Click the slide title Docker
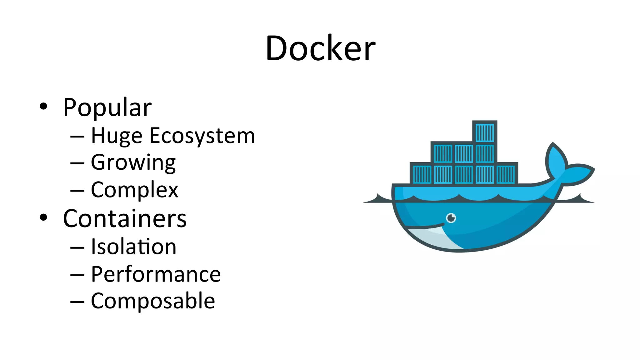click(320, 48)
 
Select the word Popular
click(107, 108)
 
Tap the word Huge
click(117, 136)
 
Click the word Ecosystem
click(202, 136)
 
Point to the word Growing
click(133, 163)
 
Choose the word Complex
click(134, 190)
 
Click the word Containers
click(125, 218)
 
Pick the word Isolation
click(133, 247)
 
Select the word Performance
click(156, 274)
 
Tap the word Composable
click(153, 301)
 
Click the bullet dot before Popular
click(43, 106)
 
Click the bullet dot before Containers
click(43, 217)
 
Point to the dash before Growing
click(77, 163)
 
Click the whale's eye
click(451, 218)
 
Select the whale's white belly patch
click(434, 237)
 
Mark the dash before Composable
click(77, 302)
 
